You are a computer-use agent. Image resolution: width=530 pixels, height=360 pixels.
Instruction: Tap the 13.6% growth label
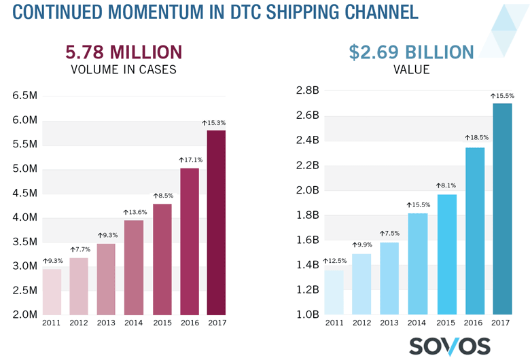pos(134,212)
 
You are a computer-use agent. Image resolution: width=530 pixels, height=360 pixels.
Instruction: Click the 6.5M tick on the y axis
pos(24,96)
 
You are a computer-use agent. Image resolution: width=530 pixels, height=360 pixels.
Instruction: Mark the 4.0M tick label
pos(24,217)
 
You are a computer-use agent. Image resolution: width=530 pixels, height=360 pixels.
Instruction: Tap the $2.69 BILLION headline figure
pos(411,52)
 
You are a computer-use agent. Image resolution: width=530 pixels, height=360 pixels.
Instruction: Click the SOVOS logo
pos(449,345)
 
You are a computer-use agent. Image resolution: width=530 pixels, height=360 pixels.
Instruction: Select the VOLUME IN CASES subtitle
pos(124,69)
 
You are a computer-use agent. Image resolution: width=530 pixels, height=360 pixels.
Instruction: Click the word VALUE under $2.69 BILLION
pos(411,69)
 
